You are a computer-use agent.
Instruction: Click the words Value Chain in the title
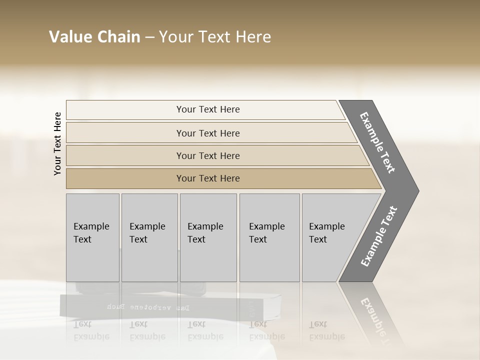coord(94,37)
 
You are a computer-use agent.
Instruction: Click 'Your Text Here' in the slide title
coord(215,37)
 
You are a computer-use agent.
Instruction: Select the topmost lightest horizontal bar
coord(207,109)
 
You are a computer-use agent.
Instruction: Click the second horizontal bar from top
coord(207,133)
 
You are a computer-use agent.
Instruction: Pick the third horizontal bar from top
coord(207,155)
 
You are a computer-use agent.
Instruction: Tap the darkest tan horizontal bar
coord(207,178)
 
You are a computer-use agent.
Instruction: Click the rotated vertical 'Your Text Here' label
coord(57,143)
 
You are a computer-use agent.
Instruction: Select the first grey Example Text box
coord(92,237)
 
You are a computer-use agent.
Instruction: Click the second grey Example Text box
coord(149,237)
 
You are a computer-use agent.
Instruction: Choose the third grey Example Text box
coord(208,237)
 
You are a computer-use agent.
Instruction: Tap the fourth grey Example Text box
coord(269,237)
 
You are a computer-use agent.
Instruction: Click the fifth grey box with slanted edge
coord(330,237)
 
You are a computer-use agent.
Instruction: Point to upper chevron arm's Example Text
coord(377,142)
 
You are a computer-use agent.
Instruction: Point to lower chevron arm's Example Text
coord(379,236)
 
